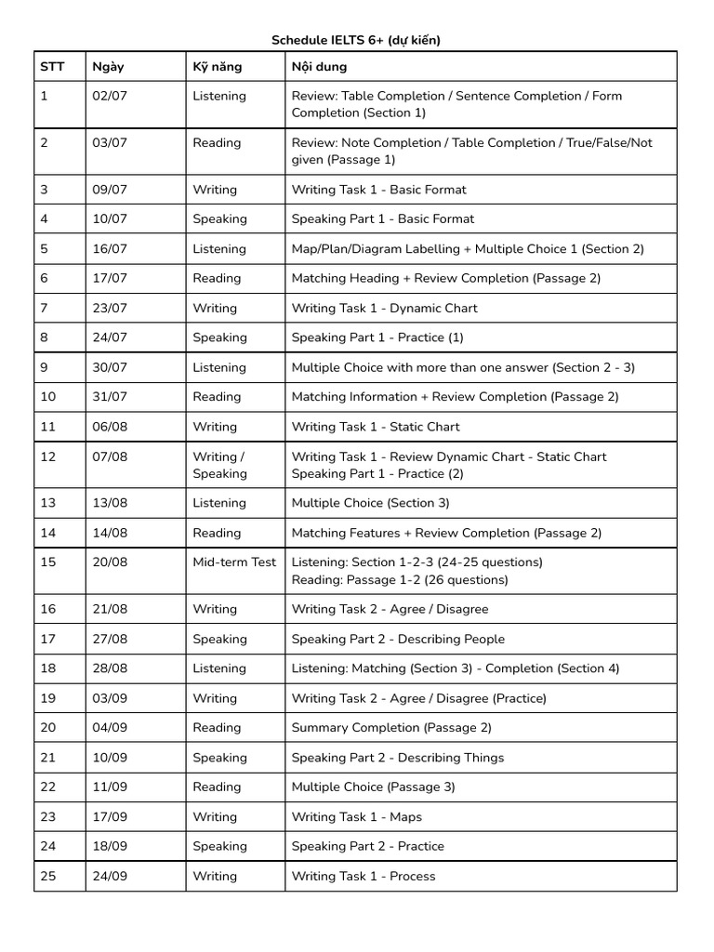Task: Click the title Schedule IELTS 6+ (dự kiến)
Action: point(356,40)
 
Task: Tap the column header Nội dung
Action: point(319,67)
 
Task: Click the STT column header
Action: point(51,67)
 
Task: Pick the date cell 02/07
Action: point(110,96)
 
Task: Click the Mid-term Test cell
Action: point(234,562)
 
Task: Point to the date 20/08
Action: point(110,562)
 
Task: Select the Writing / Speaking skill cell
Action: point(220,465)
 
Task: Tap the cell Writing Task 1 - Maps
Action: point(356,817)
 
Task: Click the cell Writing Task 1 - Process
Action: point(363,877)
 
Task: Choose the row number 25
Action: point(48,877)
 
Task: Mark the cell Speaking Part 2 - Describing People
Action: point(398,640)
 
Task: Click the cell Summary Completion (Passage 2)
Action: point(391,728)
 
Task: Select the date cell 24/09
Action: point(110,877)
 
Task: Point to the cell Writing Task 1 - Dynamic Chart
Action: point(384,309)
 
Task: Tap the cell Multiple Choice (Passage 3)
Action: point(373,787)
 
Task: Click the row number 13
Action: point(48,503)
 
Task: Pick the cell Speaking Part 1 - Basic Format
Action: point(382,219)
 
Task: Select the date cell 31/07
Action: point(110,397)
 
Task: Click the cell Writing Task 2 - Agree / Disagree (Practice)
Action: point(418,698)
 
